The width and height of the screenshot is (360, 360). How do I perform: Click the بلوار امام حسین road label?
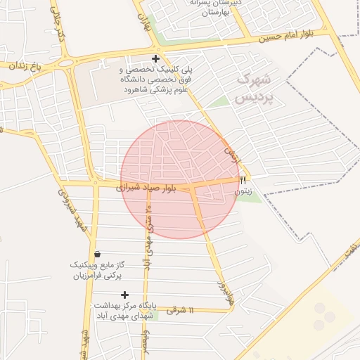click(x=286, y=34)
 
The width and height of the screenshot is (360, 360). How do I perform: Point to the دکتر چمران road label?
click(x=58, y=25)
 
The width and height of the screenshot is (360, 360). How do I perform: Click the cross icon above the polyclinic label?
click(x=155, y=59)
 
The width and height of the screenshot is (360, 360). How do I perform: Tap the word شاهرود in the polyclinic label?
click(x=139, y=91)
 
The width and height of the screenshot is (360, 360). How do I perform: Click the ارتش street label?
click(x=232, y=155)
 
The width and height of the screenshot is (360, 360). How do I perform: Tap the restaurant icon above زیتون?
click(x=243, y=180)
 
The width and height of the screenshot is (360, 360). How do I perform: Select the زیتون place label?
click(x=243, y=191)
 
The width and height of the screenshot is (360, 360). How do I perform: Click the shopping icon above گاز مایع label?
click(x=97, y=254)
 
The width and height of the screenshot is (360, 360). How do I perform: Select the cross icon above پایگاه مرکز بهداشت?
click(x=125, y=295)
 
